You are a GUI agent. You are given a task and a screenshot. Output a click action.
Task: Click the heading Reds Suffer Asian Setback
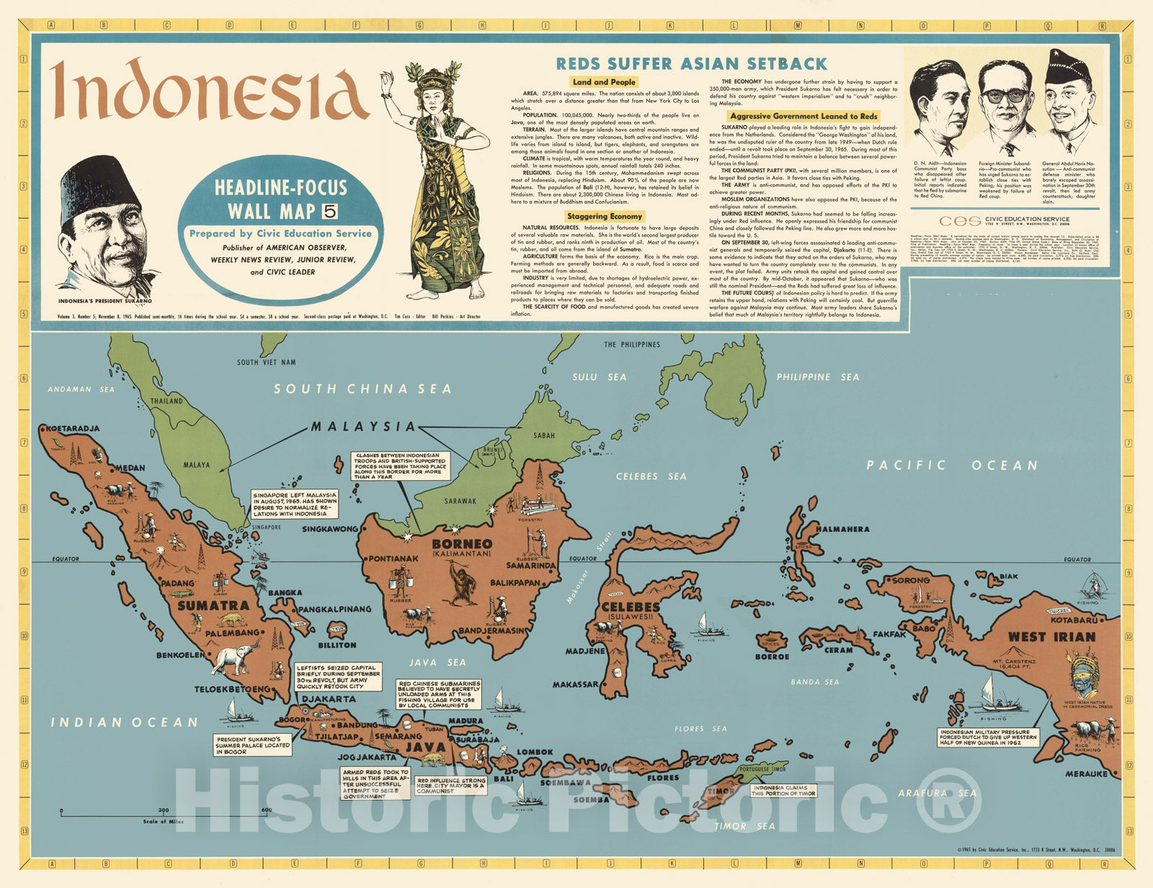(x=692, y=63)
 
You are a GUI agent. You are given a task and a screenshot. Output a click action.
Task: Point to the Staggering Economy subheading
(x=604, y=216)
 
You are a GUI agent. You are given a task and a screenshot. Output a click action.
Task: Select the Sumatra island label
(x=213, y=605)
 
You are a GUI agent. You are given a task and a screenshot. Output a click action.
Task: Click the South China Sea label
(x=362, y=389)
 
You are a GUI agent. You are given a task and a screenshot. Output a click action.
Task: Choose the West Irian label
(x=1051, y=637)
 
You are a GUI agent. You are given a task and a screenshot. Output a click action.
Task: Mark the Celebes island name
(x=631, y=607)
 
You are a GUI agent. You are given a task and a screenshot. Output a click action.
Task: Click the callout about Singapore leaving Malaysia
(x=295, y=504)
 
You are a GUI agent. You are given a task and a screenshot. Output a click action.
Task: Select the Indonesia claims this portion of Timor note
(x=783, y=791)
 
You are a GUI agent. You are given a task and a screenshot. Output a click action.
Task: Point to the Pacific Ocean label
(x=952, y=466)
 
